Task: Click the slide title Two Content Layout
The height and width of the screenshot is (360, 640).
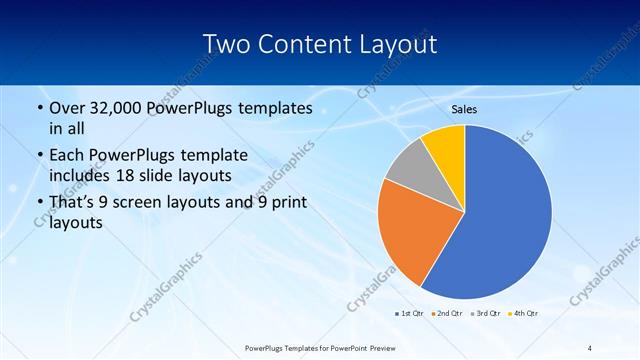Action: [319, 45]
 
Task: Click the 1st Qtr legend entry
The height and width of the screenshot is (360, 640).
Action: [407, 313]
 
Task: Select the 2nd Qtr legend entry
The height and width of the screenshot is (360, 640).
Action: [447, 313]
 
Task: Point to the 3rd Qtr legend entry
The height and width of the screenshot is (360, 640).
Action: [485, 313]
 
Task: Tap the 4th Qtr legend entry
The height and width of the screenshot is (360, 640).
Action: [523, 313]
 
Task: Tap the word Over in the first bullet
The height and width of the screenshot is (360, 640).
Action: [65, 108]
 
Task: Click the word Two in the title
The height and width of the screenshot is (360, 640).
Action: [226, 45]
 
